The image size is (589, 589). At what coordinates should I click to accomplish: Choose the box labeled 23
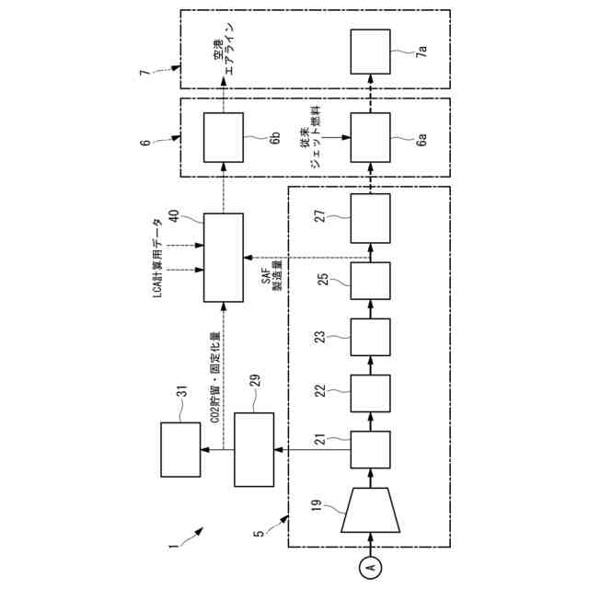[371, 338]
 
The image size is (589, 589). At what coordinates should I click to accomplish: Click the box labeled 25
[371, 281]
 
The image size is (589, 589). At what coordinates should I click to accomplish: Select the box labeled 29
[253, 449]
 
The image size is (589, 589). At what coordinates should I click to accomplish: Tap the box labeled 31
[180, 449]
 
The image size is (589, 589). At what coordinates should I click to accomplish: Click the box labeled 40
[224, 257]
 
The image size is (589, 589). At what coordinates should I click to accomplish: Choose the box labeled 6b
[224, 138]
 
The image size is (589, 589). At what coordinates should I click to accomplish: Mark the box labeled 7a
[371, 52]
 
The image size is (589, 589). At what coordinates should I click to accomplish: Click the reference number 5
[260, 532]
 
